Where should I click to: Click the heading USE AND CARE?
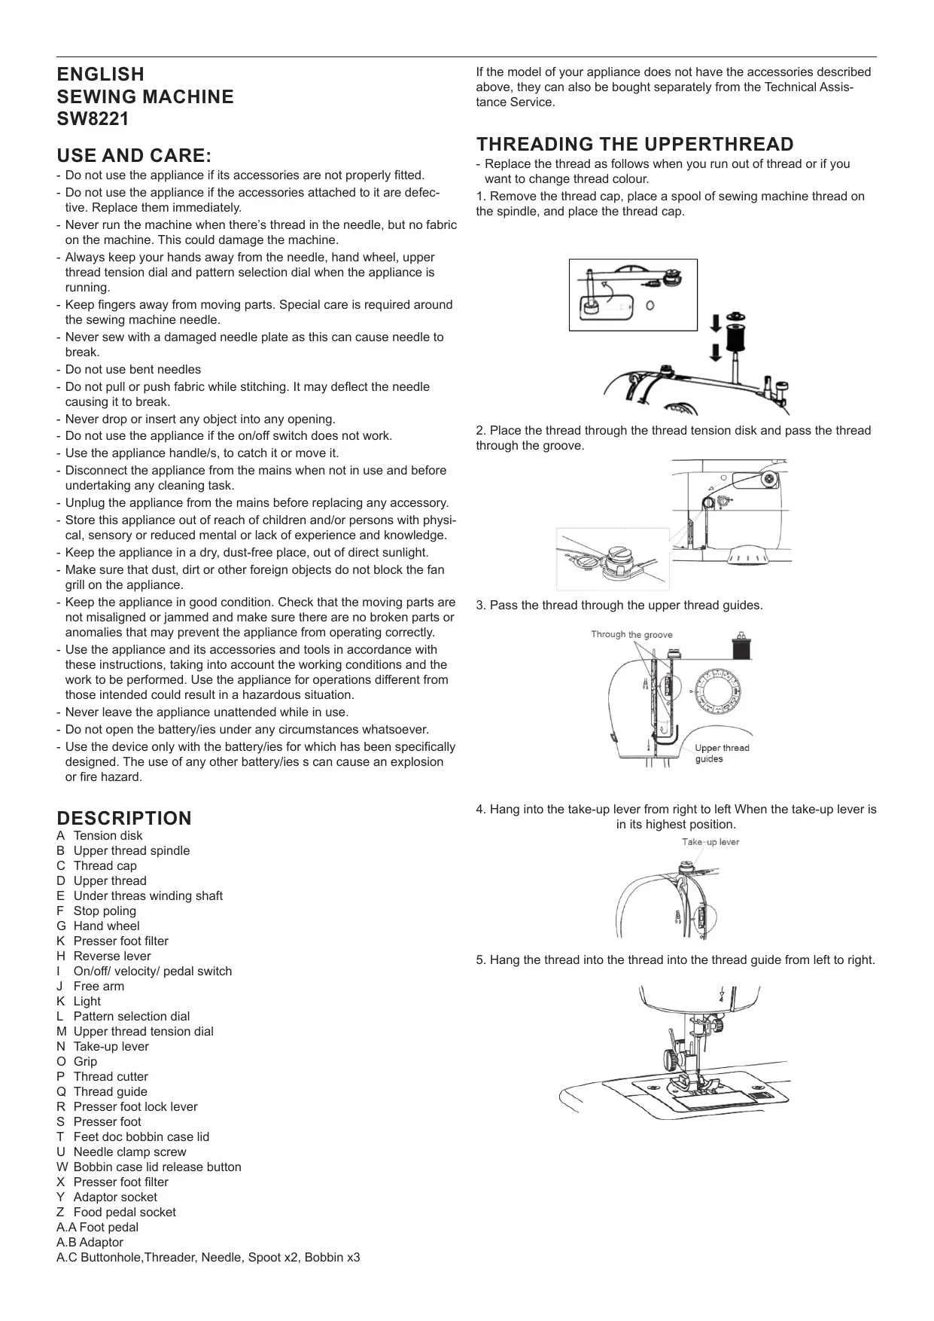pyautogui.click(x=134, y=156)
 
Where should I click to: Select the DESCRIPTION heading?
pyautogui.click(x=124, y=818)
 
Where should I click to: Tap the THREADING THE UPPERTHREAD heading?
pyautogui.click(x=634, y=144)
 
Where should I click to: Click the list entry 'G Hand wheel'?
pyautogui.click(x=98, y=926)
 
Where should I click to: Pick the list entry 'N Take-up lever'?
pyautogui.click(x=102, y=1046)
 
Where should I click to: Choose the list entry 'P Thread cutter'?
pyautogui.click(x=102, y=1076)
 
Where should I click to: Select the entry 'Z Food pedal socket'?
pyautogui.click(x=116, y=1212)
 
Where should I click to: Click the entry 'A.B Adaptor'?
pyautogui.click(x=90, y=1242)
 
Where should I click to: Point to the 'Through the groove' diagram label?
pyautogui.click(x=631, y=634)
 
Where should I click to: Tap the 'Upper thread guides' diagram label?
pyautogui.click(x=721, y=753)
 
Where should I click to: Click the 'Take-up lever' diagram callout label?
pyautogui.click(x=710, y=842)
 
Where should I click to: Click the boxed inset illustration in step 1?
pyautogui.click(x=633, y=294)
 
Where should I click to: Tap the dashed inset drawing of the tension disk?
pyautogui.click(x=612, y=559)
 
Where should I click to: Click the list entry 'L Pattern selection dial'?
pyautogui.click(x=123, y=1016)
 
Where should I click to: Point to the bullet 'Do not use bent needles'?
pyautogui.click(x=132, y=369)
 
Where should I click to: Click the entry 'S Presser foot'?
pyautogui.click(x=99, y=1121)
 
